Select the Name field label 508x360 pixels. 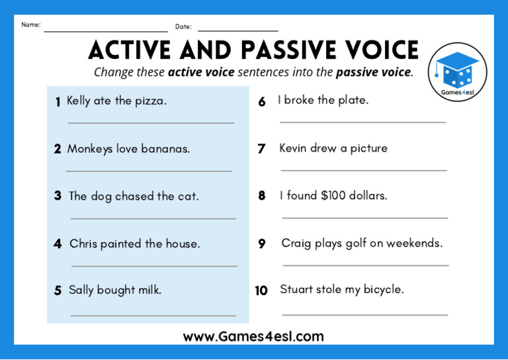tap(30, 25)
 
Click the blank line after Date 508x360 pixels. tap(237, 30)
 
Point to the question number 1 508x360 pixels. tap(58, 102)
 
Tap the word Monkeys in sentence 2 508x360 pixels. tap(90, 149)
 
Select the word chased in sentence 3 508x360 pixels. tap(134, 196)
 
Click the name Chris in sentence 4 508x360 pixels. tap(83, 244)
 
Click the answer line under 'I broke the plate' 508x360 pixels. tap(362, 122)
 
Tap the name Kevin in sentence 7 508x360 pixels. tap(293, 148)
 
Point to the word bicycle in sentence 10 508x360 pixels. tap(384, 289)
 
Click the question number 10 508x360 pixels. tap(261, 291)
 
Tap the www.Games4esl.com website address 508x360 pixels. tap(253, 336)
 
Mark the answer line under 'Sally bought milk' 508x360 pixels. tap(153, 315)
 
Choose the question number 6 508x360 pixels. tap(262, 102)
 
